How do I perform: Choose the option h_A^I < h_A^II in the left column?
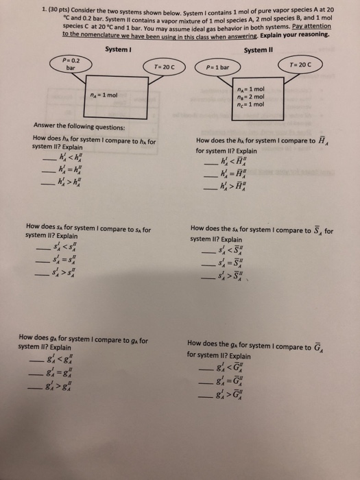click(x=72, y=160)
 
